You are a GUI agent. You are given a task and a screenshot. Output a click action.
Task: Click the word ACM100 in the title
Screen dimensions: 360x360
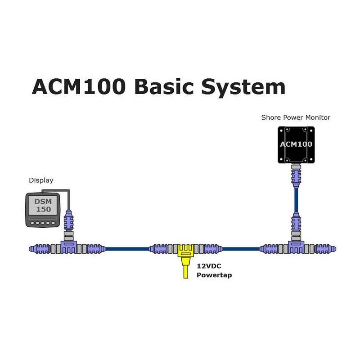pos(79,86)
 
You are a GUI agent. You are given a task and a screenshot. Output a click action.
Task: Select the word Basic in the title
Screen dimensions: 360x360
pos(164,86)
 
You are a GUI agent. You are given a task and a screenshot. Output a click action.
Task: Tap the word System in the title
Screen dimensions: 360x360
pos(243,88)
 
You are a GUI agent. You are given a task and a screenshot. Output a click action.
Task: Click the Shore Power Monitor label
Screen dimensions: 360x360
pos(296,117)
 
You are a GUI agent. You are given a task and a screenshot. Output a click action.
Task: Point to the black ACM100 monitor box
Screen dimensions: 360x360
pos(296,145)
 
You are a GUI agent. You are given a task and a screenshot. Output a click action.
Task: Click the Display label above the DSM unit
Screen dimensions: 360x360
pos(41,180)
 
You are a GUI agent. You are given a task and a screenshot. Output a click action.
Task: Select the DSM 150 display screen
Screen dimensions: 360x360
pos(43,205)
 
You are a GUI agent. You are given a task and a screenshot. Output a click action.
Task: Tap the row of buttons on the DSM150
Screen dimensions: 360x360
pos(43,223)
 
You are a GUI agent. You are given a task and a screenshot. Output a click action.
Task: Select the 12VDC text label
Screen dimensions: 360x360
pos(209,266)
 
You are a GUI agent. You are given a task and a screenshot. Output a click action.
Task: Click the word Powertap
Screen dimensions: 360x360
pos(214,275)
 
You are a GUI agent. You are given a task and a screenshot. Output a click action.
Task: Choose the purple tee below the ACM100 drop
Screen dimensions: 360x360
pos(296,247)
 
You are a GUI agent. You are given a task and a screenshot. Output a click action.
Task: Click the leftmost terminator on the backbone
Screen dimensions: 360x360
pos(40,249)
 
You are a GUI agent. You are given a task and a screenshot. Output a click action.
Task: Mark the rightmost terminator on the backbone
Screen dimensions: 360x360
pos(325,249)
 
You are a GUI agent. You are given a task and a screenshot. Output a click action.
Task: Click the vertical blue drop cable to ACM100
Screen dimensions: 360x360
pos(296,200)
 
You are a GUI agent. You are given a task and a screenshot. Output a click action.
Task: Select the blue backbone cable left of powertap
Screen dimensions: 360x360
pos(127,249)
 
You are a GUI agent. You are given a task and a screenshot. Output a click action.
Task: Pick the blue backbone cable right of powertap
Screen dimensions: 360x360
pos(241,249)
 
